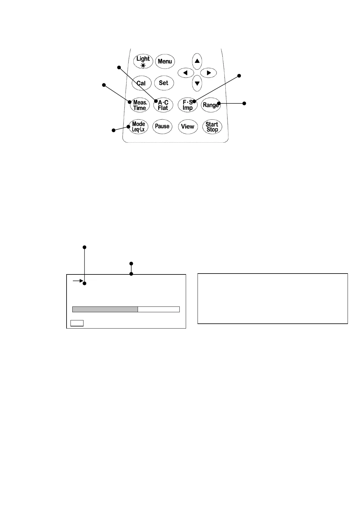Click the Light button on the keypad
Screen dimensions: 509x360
pyautogui.click(x=143, y=61)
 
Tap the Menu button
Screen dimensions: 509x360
pyautogui.click(x=165, y=61)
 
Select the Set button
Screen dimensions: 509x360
pyautogui.click(x=164, y=83)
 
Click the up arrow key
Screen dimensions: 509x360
pyautogui.click(x=197, y=61)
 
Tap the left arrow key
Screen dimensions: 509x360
pyautogui.click(x=185, y=73)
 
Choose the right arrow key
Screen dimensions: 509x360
pyautogui.click(x=208, y=73)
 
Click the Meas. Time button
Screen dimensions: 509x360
pyautogui.click(x=140, y=105)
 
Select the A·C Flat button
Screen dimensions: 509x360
pyautogui.click(x=163, y=105)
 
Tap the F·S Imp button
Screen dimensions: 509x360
pyautogui.click(x=188, y=105)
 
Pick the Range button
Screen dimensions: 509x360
pyautogui.click(x=211, y=105)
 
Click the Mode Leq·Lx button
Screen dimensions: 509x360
pyautogui.click(x=139, y=127)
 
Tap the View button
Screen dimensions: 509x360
pyautogui.click(x=188, y=127)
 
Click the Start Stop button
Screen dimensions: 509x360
pyautogui.click(x=212, y=127)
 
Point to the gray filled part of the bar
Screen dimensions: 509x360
pyautogui.click(x=105, y=309)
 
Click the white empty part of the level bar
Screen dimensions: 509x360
pyautogui.click(x=159, y=309)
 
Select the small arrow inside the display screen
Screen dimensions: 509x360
pyautogui.click(x=78, y=281)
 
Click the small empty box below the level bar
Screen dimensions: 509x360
pyautogui.click(x=77, y=323)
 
